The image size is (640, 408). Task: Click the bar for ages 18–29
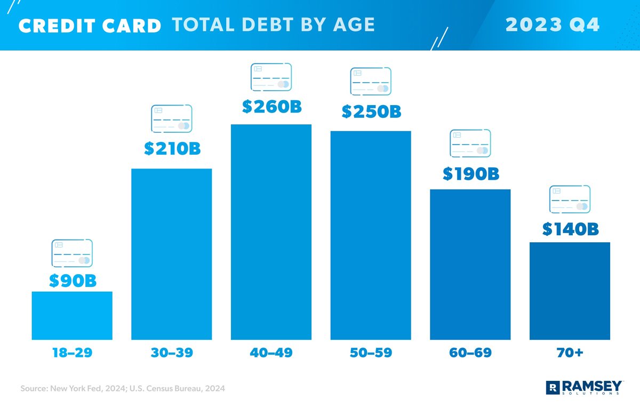point(72,315)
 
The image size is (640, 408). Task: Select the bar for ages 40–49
point(271,232)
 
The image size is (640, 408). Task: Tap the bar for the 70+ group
point(570,291)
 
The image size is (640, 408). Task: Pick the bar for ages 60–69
point(470,265)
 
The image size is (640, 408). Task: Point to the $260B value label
point(271,107)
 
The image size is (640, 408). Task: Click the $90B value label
point(73,281)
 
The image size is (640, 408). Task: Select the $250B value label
point(371,112)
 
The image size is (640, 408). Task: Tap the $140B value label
point(570,229)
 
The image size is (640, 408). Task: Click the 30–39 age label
point(171,353)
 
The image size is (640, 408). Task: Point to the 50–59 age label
point(371,353)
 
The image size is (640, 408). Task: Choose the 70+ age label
point(570,353)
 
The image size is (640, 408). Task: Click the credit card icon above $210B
point(172,119)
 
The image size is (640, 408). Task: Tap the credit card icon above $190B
point(470,143)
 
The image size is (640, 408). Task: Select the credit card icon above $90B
point(72,253)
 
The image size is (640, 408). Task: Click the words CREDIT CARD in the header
point(90,26)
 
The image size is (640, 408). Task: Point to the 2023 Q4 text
point(552,25)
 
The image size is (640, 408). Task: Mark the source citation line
point(123,389)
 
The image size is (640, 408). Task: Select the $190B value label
point(470,174)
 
